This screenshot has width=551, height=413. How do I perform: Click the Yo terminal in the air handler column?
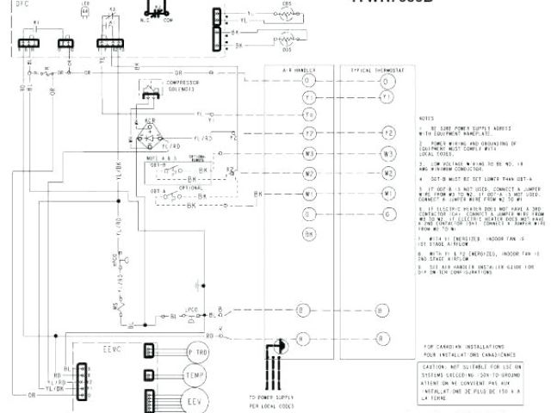click(x=309, y=115)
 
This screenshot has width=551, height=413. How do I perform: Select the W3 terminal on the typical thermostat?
click(x=387, y=153)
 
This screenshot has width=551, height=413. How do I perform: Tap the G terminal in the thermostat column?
click(x=387, y=213)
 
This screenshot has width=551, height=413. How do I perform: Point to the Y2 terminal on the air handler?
click(x=309, y=134)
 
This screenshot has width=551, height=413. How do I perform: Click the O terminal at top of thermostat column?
click(x=387, y=82)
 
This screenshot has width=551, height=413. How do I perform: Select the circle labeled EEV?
click(x=192, y=403)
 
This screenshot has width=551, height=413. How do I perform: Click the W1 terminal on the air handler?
click(x=309, y=194)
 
